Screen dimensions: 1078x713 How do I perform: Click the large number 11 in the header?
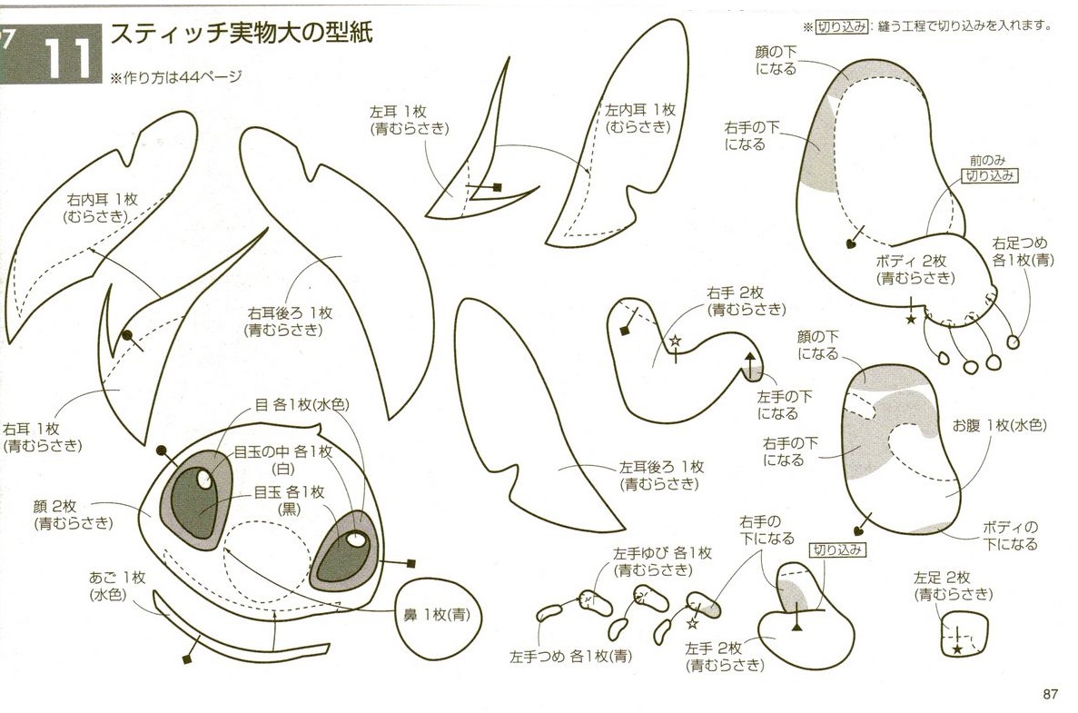pos(68,58)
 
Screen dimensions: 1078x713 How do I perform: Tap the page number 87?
pos(1050,694)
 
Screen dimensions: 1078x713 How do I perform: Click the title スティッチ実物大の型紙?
pos(242,33)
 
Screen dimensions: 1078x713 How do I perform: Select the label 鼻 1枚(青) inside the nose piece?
pos(437,615)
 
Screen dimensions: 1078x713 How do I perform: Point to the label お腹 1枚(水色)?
pos(999,426)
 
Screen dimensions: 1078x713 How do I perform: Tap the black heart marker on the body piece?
pos(850,243)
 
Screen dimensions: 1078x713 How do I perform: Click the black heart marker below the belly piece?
pos(858,530)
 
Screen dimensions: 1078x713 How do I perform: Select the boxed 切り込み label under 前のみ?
pos(989,175)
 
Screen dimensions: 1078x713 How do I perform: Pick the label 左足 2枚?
pos(941,578)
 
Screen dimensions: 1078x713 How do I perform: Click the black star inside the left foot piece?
pos(956,649)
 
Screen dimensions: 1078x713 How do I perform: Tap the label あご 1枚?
pos(117,578)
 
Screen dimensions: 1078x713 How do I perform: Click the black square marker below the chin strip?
pos(186,659)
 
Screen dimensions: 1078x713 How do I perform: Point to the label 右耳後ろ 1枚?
pos(290,313)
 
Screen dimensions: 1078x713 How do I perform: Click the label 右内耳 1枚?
pos(103,200)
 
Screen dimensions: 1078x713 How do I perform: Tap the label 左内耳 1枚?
pos(640,110)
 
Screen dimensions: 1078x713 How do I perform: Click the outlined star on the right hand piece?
pos(675,341)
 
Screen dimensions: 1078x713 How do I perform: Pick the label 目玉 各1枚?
pos(289,492)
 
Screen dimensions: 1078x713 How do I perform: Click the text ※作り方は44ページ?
pos(176,77)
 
